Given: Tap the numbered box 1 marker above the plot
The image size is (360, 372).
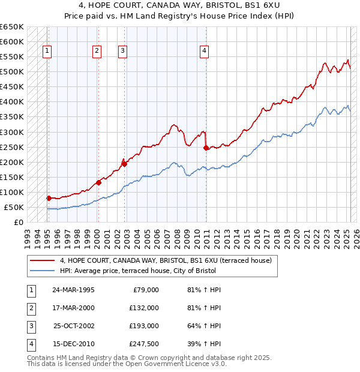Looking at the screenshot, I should click(x=47, y=51).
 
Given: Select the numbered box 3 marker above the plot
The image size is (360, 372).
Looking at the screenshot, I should click(x=122, y=51).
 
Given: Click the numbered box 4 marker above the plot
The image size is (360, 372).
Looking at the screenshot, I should click(x=204, y=51).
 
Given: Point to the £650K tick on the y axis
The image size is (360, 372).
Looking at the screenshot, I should click(x=12, y=27).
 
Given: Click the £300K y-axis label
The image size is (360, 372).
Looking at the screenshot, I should click(x=12, y=132).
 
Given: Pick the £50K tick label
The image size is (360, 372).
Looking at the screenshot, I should click(x=14, y=207).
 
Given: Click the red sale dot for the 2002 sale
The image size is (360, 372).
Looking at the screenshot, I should click(x=124, y=163).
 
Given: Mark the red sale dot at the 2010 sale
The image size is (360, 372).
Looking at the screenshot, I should click(x=206, y=147).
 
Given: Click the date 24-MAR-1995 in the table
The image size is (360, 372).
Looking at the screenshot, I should click(x=73, y=290).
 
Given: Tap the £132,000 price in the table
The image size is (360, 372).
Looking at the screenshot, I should click(x=143, y=308).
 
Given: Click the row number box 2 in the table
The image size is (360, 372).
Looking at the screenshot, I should click(x=30, y=308).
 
